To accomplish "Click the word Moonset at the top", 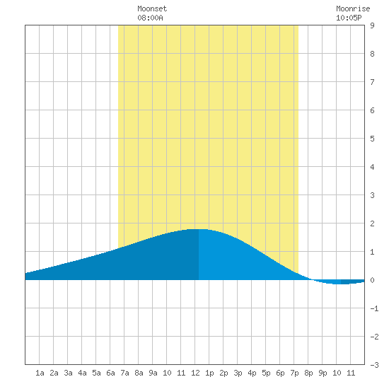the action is [152, 8].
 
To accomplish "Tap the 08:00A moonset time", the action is [150, 18].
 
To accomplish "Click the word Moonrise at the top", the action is [353, 8].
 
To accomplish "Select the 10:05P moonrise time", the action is [349, 18].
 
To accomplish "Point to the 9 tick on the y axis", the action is [372, 25].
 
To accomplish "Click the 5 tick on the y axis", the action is [372, 139].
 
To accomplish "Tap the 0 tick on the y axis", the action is [372, 280].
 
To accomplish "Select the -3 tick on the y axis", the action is [374, 365].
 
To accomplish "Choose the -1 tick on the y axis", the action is [374, 308].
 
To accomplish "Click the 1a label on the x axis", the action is [40, 373].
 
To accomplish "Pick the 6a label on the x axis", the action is [110, 373].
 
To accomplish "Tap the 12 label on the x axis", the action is [195, 373].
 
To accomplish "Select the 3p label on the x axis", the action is [238, 373].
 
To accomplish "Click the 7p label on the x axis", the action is [294, 373].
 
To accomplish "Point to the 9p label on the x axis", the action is [323, 373].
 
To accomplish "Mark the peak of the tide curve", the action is [199, 229].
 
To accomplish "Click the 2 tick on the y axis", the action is [372, 223].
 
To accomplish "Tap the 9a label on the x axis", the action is [153, 373].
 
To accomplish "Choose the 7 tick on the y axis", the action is [372, 82].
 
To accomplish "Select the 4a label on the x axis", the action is [82, 373].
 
